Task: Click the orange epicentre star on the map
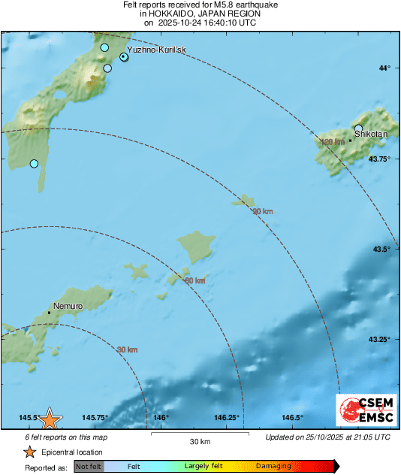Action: click(x=50, y=419)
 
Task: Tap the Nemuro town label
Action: click(x=68, y=306)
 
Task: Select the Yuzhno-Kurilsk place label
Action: click(x=156, y=50)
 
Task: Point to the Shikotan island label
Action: click(x=370, y=133)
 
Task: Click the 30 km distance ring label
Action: click(x=128, y=349)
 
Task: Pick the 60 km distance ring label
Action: click(x=195, y=280)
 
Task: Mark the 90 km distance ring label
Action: click(x=262, y=212)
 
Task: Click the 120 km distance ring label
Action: click(x=332, y=142)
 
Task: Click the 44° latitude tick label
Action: click(x=383, y=68)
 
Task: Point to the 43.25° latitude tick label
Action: click(x=378, y=339)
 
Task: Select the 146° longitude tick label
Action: click(x=161, y=418)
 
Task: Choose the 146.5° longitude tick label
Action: click(x=292, y=418)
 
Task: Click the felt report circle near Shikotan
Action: click(x=359, y=129)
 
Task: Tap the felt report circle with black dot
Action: click(x=124, y=56)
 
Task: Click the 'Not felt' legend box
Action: click(x=89, y=467)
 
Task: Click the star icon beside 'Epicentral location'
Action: click(x=29, y=452)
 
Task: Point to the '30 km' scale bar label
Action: click(x=199, y=440)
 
